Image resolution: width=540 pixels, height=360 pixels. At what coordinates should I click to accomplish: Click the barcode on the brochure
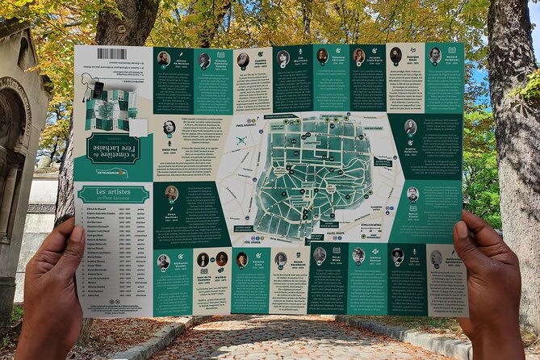coord(111,54)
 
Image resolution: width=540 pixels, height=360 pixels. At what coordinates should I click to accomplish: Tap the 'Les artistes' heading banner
coord(113,194)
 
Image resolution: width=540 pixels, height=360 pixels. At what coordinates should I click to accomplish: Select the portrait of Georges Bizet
coord(396,55)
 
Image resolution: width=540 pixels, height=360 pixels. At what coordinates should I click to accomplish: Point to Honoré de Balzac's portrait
coord(435,55)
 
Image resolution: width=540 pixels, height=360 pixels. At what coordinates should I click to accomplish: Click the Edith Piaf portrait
coord(169,128)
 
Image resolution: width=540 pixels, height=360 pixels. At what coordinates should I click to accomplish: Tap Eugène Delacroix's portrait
coord(411,127)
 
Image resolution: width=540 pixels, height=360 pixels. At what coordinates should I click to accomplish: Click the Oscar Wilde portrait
coord(320,255)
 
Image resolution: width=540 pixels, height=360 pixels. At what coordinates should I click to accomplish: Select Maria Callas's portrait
coord(397,255)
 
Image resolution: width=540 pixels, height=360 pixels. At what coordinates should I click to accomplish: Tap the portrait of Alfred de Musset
coord(164,59)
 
